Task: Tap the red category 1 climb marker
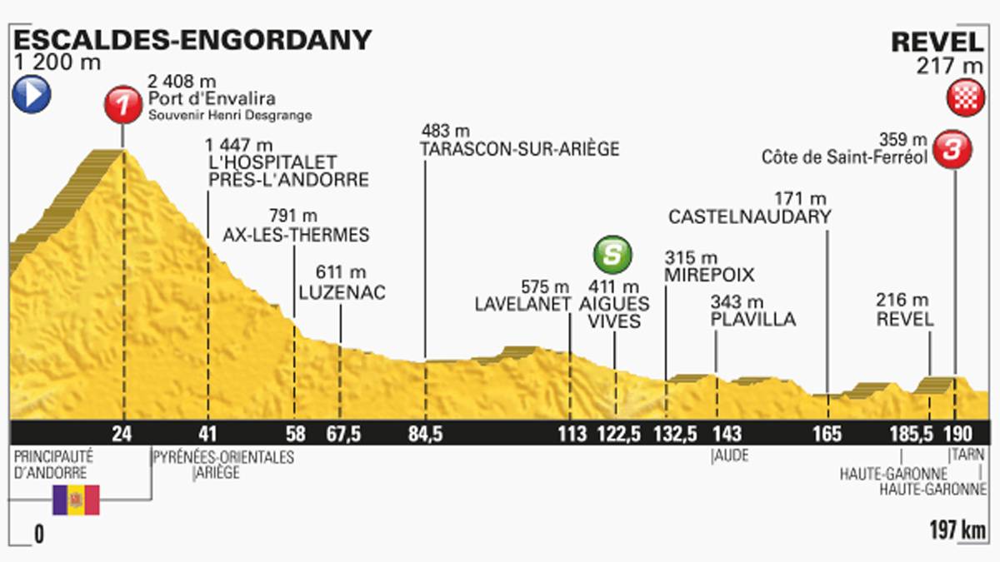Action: coord(123,106)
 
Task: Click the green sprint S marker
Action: coord(612,255)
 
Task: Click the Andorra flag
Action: coord(76,500)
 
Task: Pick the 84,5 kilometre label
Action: coord(425,433)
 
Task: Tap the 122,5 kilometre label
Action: coord(617,433)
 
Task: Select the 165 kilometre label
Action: coord(828,433)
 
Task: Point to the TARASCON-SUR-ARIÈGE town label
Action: coord(521,150)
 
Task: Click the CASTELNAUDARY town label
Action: coord(750,217)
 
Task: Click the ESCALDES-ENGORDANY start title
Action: coord(189,39)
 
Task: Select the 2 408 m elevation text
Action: coord(181,82)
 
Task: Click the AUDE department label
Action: coord(730,456)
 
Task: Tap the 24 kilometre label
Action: coord(123,433)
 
